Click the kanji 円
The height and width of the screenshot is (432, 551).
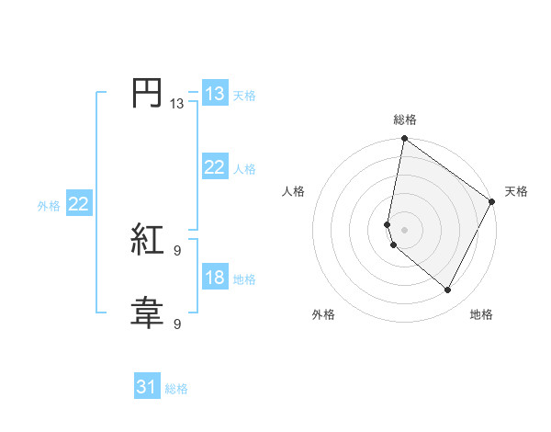[x=146, y=94]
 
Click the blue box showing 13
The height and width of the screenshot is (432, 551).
[x=214, y=94]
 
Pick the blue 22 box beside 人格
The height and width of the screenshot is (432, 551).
[x=214, y=167]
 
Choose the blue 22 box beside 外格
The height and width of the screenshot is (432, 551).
[x=78, y=204]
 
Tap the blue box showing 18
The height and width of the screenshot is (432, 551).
[x=214, y=278]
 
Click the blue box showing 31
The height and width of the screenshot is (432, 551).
[x=146, y=387]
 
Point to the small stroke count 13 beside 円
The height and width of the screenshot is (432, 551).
[x=177, y=104]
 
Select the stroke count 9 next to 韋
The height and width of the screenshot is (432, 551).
[x=177, y=324]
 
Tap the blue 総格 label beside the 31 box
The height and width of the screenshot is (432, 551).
[x=176, y=389]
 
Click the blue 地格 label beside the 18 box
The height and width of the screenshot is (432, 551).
[x=244, y=279]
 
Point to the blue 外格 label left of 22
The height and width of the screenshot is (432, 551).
[x=49, y=206]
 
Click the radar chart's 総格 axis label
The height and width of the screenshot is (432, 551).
[x=405, y=119]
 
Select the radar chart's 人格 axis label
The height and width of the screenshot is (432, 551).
[x=294, y=191]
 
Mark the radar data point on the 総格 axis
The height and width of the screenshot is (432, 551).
[x=404, y=140]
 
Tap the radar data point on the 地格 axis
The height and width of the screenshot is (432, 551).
[x=448, y=290]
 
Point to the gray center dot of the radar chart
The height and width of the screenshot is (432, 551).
[x=404, y=230]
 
